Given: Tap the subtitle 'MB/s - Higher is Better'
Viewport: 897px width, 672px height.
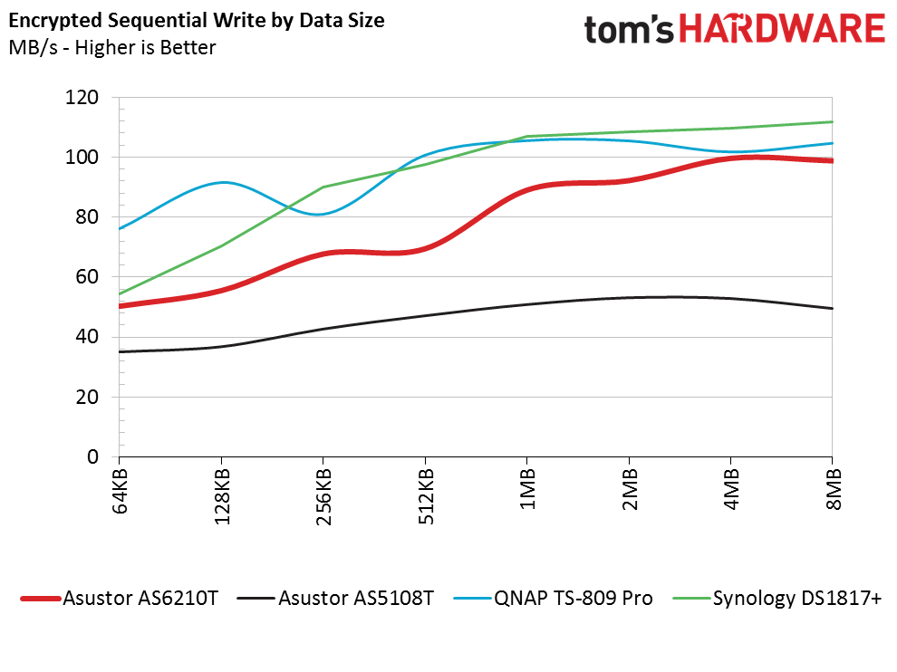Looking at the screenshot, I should tap(112, 48).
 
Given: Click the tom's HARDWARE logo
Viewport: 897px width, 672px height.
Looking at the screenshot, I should tap(734, 29).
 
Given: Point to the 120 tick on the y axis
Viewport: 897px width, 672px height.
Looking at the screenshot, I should tap(86, 97).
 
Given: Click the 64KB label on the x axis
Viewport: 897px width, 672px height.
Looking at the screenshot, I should tap(121, 490).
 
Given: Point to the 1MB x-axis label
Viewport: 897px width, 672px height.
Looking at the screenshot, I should tap(527, 489).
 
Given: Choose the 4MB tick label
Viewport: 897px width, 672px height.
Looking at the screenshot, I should tap(731, 489).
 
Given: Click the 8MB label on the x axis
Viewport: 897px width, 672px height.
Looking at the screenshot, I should tap(833, 489).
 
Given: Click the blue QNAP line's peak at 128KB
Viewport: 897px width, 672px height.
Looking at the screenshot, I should tap(222, 182).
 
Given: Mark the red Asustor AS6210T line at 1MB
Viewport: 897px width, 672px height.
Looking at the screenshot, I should tap(527, 189).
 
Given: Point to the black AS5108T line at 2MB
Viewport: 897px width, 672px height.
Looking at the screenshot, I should tap(630, 297).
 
